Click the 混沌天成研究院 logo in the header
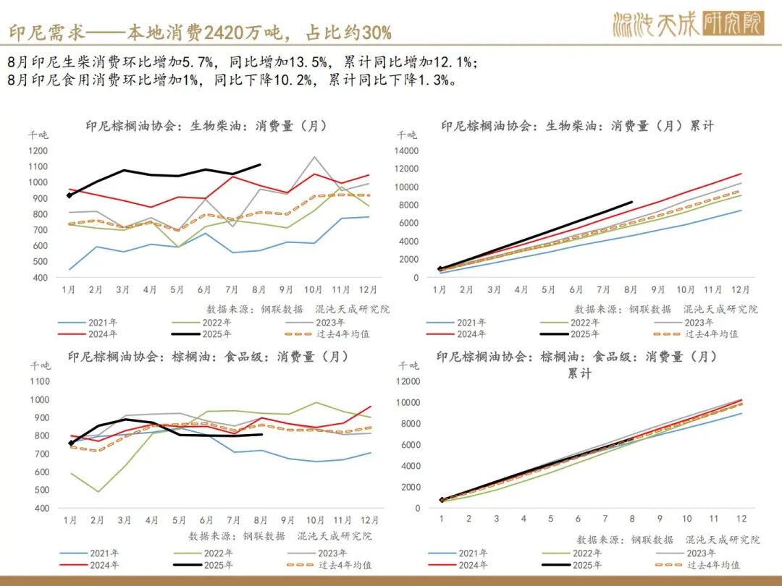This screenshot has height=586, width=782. point(687,24)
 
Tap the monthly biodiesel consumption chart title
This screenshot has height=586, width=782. point(206,126)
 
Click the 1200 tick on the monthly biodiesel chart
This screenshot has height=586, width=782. point(38,150)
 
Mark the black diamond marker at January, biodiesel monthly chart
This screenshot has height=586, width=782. point(70,195)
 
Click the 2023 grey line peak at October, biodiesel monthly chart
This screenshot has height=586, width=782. point(314,157)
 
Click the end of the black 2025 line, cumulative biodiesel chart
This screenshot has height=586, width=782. point(632,203)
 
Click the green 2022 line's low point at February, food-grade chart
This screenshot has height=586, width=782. point(97,492)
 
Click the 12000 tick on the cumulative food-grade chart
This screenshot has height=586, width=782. point(407,381)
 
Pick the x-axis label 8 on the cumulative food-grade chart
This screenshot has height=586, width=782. point(632,519)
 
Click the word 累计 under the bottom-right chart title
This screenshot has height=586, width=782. point(579,374)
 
